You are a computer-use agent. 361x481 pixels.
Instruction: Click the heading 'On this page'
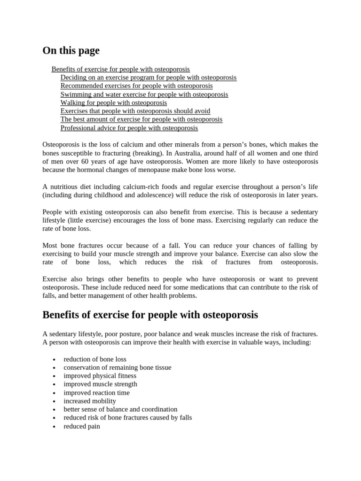point(71,51)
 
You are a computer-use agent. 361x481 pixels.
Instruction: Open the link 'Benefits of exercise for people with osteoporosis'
point(121,69)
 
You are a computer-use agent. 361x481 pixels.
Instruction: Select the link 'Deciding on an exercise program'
point(148,78)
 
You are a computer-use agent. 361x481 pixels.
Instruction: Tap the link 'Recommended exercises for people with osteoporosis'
point(136,86)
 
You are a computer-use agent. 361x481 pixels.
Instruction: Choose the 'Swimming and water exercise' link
point(144,94)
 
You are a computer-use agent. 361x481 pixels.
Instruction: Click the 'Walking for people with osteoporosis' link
point(113,103)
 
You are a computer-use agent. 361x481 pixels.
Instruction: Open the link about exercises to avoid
point(135,111)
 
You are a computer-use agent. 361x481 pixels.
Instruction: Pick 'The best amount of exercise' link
point(141,119)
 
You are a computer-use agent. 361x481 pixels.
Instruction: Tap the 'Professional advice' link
point(129,128)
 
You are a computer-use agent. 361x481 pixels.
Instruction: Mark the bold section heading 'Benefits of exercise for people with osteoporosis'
point(150,314)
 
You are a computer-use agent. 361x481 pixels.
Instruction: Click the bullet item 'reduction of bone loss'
point(95,359)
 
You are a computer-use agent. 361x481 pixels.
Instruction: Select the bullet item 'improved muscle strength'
point(100,384)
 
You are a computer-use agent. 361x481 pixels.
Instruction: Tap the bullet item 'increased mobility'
point(90,401)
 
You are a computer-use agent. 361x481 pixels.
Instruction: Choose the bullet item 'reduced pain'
point(82,427)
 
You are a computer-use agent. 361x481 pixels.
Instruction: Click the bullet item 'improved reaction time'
point(96,393)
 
